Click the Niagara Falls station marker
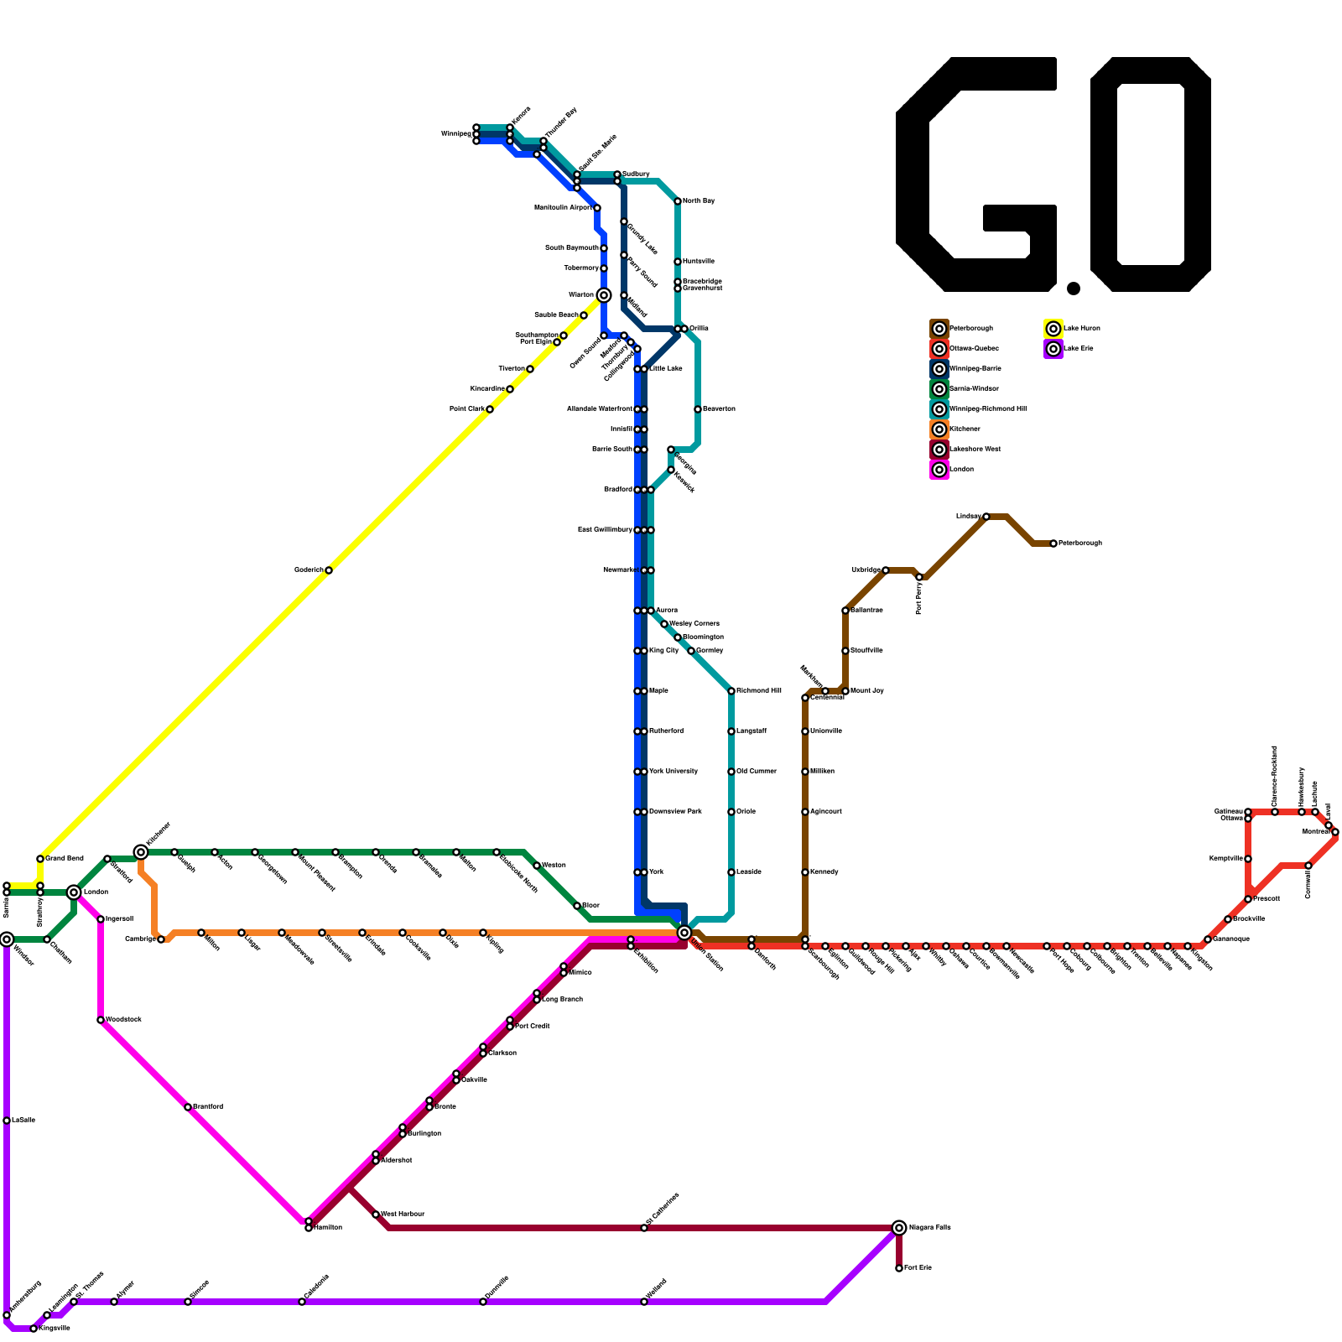tap(899, 1228)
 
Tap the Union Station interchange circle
tap(684, 933)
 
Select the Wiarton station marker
tap(604, 295)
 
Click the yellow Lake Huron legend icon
tap(1053, 329)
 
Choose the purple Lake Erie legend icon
tap(1053, 349)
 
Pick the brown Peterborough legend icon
tap(939, 329)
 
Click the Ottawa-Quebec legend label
tap(974, 349)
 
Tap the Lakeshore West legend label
tap(975, 450)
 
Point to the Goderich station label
tap(309, 570)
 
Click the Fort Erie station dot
tap(899, 1268)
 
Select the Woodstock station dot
tap(101, 1020)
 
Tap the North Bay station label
tap(699, 201)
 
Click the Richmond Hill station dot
tap(731, 691)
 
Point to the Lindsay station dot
tap(986, 517)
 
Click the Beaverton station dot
tap(698, 409)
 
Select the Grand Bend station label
tap(65, 859)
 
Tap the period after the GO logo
tap(1074, 289)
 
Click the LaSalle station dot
tap(7, 1121)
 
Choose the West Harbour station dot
tap(376, 1215)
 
